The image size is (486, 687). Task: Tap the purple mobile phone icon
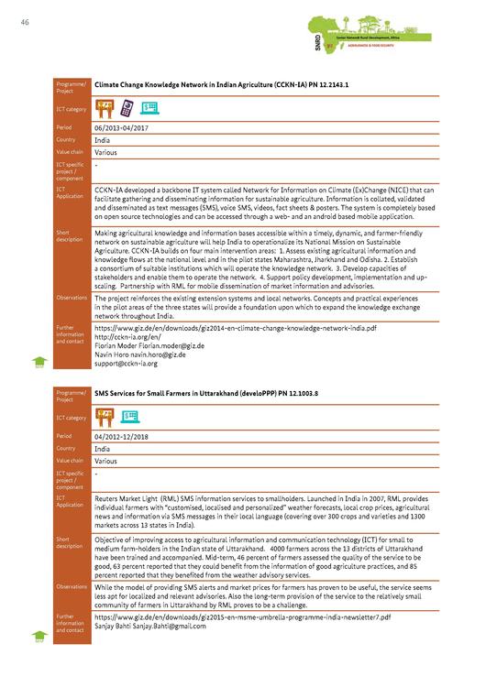point(127,108)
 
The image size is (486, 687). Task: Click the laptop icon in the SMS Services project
point(128,418)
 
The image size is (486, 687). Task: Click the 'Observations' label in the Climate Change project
point(72,298)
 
